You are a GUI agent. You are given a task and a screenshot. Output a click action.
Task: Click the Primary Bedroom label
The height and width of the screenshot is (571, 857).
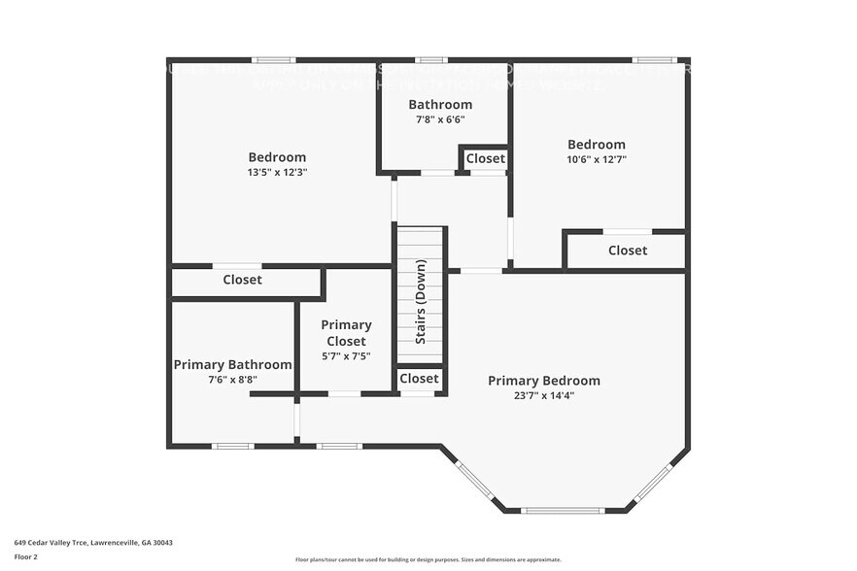[543, 381]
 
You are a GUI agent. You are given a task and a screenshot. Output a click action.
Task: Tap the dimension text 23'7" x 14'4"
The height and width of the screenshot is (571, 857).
[543, 396]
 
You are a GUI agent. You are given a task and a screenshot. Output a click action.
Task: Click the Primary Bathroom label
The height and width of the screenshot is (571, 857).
[232, 365]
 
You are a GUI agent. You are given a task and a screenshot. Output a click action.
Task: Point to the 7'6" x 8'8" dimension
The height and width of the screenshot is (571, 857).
[232, 380]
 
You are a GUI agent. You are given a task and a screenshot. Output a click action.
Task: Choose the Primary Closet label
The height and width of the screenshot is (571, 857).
[346, 333]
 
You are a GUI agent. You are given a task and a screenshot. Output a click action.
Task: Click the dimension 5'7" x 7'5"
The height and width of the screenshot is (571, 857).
[346, 356]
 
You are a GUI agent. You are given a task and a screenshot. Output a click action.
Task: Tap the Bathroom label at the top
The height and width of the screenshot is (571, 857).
[440, 105]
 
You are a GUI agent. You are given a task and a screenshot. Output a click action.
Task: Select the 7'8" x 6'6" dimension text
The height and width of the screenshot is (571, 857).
[440, 119]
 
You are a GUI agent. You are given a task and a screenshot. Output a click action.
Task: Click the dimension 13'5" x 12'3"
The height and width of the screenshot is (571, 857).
[277, 172]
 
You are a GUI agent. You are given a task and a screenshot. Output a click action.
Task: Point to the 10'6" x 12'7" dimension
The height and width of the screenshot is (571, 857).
[597, 159]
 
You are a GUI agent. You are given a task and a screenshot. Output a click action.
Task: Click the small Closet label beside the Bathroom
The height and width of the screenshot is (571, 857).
[485, 158]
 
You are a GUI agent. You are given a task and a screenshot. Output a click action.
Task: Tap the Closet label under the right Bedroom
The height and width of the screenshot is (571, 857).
[627, 251]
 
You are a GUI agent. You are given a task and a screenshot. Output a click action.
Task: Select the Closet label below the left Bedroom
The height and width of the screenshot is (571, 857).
[242, 280]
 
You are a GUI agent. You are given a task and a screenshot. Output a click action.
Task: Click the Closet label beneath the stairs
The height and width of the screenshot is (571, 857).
[419, 378]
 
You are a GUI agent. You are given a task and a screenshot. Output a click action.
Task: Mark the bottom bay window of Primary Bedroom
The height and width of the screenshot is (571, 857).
[563, 510]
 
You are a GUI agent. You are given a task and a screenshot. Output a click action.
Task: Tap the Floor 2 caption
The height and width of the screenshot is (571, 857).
[26, 557]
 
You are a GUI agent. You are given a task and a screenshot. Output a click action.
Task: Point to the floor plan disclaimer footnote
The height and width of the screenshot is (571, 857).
[428, 559]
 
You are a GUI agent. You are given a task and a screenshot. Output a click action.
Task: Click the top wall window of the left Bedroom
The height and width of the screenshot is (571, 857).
[274, 60]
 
